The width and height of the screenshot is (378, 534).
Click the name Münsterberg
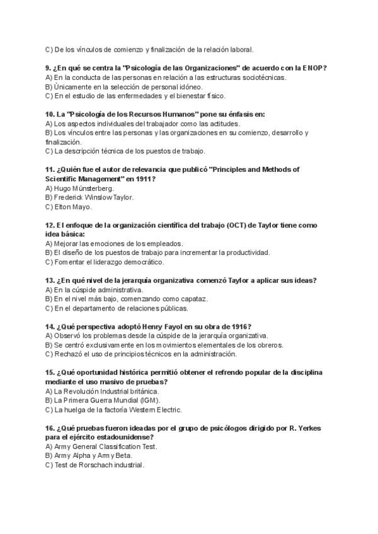tap(93, 188)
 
